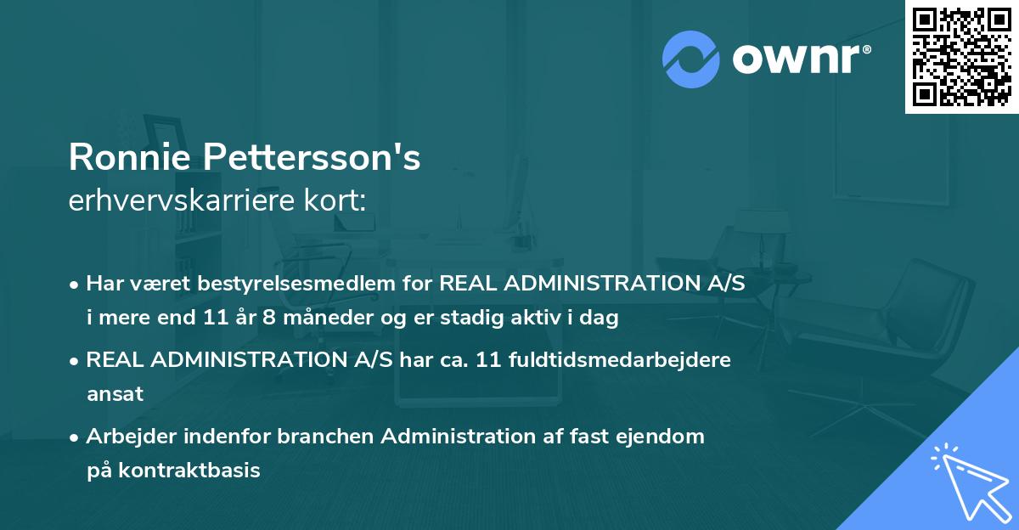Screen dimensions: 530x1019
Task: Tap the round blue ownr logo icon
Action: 690,58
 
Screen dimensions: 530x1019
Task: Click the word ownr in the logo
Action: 798,59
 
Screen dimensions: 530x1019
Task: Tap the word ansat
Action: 115,394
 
